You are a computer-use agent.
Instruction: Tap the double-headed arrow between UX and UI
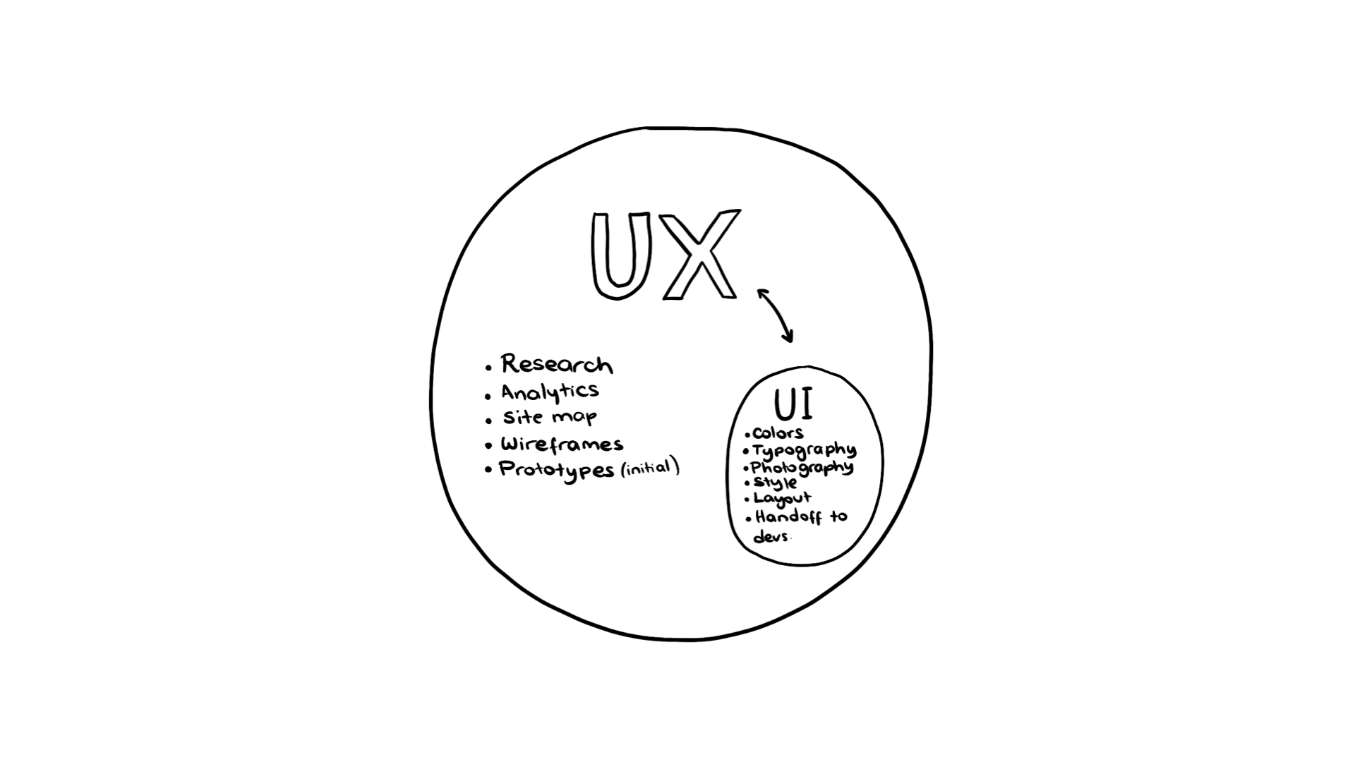pyautogui.click(x=775, y=315)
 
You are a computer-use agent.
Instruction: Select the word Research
pyautogui.click(x=557, y=365)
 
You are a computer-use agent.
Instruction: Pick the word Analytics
pyautogui.click(x=550, y=392)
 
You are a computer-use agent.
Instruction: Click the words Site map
pyautogui.click(x=550, y=417)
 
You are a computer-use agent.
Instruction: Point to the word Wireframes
pyautogui.click(x=562, y=445)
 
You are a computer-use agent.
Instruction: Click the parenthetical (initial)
pyautogui.click(x=650, y=468)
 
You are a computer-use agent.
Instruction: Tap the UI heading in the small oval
pyautogui.click(x=793, y=405)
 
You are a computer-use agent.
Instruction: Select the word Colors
pyautogui.click(x=778, y=433)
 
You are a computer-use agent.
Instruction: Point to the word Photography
pyautogui.click(x=802, y=468)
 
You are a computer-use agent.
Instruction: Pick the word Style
pyautogui.click(x=775, y=483)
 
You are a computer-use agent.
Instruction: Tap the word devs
pyautogui.click(x=771, y=537)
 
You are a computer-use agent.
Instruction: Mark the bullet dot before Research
pyautogui.click(x=488, y=368)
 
